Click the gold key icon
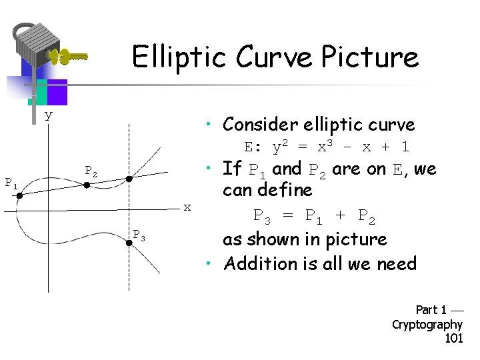(69, 57)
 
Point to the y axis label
(48, 115)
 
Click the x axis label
(187, 207)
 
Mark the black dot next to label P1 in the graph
(20, 196)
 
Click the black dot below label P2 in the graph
(87, 185)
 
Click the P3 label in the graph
(139, 235)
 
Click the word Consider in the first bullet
(261, 125)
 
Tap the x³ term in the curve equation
(327, 146)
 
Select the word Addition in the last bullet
(255, 264)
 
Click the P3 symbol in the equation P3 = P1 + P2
(265, 216)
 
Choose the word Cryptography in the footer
(427, 325)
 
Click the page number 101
(453, 339)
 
